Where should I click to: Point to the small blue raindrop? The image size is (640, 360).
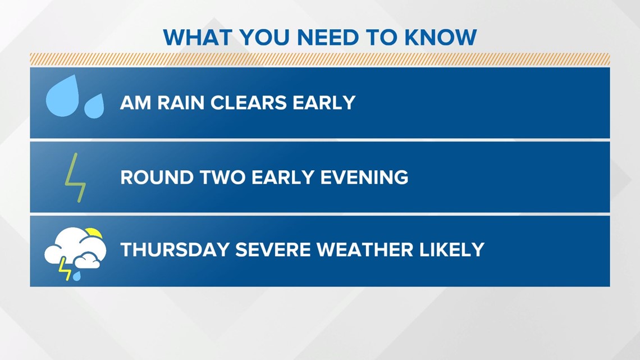point(94,106)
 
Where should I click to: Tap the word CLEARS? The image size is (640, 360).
point(249,102)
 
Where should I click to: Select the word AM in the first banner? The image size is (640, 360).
point(135,102)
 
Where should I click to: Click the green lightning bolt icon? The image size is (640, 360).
point(76,178)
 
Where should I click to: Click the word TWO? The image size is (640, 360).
point(222,177)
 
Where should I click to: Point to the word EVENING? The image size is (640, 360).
point(364,177)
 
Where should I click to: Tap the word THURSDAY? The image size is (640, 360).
point(175,250)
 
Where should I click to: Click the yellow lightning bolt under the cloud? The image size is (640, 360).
point(65,268)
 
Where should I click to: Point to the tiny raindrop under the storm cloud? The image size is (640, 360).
point(77,276)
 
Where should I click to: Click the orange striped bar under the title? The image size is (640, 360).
point(320,59)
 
